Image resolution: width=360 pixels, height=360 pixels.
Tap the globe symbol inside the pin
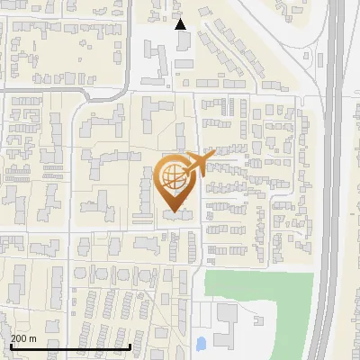point(172,176)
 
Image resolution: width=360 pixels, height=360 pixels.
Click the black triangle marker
point(181,24)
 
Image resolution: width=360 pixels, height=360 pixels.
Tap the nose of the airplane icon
point(214,155)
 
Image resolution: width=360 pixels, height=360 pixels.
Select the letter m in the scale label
point(32,337)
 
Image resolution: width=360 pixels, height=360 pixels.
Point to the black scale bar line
point(70,346)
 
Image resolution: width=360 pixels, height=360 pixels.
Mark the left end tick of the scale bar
point(12,345)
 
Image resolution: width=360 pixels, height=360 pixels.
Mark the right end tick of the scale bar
point(130,345)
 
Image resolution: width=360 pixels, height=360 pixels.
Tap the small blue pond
point(201,343)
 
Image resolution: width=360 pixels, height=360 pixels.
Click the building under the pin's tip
point(176,216)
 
